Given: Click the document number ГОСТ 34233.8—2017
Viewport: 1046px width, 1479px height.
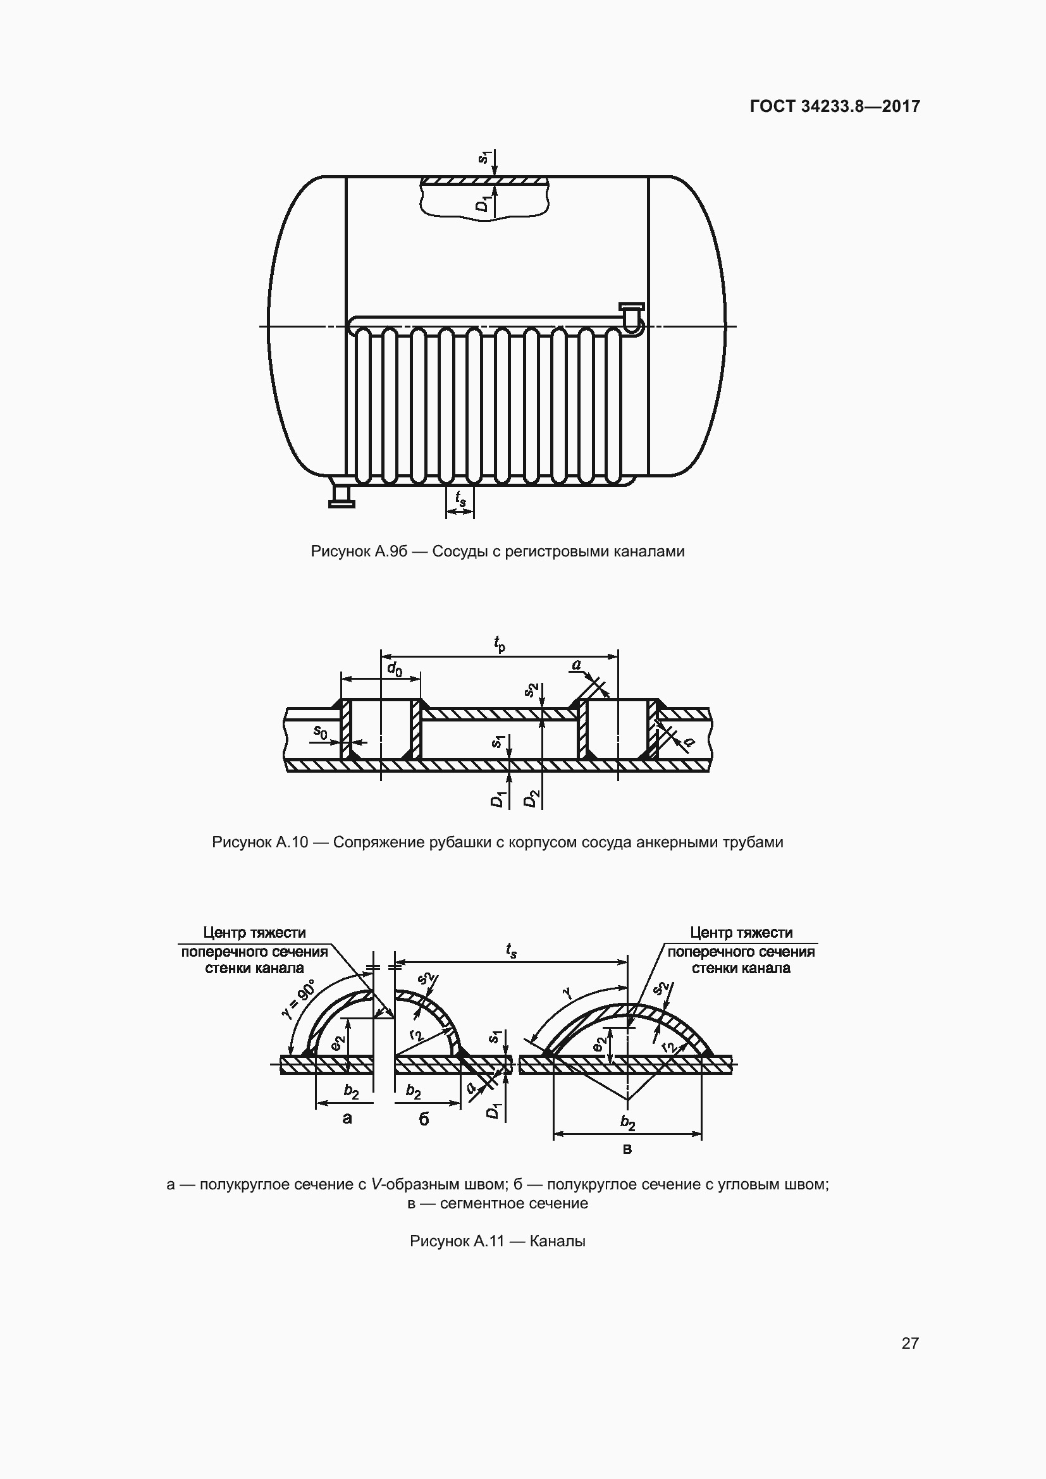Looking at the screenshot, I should pyautogui.click(x=835, y=106).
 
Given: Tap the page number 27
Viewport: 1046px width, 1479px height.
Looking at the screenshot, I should pyautogui.click(x=910, y=1343).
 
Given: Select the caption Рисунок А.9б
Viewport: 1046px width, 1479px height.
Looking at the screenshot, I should pyautogui.click(x=497, y=551).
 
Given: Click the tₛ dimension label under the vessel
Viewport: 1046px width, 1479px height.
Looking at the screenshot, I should pyautogui.click(x=460, y=498).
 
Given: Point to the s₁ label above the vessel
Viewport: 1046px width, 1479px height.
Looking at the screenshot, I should pyautogui.click(x=485, y=157).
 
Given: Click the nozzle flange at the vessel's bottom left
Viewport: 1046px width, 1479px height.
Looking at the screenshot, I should pyautogui.click(x=341, y=503).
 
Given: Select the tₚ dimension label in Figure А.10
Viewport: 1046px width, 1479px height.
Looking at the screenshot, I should pyautogui.click(x=499, y=644).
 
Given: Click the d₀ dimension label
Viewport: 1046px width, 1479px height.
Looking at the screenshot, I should pyautogui.click(x=394, y=669).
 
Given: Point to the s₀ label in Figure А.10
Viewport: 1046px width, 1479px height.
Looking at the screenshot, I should pyautogui.click(x=320, y=732).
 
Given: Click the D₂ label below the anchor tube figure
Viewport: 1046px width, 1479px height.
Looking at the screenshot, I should pyautogui.click(x=530, y=799).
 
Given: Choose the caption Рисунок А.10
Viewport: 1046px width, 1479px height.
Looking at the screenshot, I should pyautogui.click(x=497, y=842).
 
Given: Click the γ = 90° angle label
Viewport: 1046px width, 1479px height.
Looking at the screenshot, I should pyautogui.click(x=298, y=999).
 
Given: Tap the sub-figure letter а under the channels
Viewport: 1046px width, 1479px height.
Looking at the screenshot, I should pyautogui.click(x=347, y=1119).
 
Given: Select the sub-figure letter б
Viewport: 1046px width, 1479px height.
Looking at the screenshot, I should pyautogui.click(x=424, y=1119).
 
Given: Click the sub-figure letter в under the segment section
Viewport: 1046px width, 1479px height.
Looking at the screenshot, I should pyautogui.click(x=627, y=1148).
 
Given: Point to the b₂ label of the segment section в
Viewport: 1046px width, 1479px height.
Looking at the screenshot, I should pyautogui.click(x=627, y=1123).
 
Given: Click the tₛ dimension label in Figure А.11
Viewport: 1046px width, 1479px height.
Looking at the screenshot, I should pyautogui.click(x=511, y=950).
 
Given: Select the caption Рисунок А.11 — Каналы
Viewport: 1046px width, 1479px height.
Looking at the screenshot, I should pyautogui.click(x=497, y=1241).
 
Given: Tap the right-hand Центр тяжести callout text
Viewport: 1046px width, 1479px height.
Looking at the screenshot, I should pyautogui.click(x=741, y=950).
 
